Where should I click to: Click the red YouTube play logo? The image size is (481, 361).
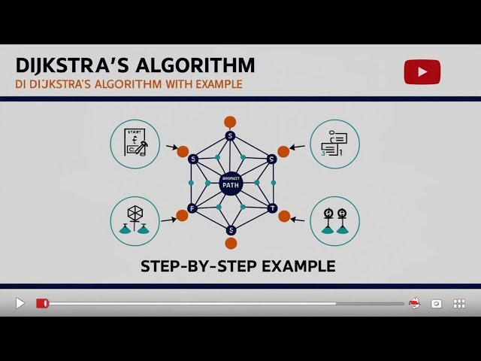(422, 71)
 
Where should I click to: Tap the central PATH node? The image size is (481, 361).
(231, 184)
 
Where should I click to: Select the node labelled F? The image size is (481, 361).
(192, 208)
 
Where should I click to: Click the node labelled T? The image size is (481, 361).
(272, 208)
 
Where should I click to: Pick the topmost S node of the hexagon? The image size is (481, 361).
(231, 136)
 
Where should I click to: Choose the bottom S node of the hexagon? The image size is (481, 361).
(231, 230)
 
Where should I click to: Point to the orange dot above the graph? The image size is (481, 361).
(230, 122)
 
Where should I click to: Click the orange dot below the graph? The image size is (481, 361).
(231, 243)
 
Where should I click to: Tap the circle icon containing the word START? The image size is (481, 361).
(135, 144)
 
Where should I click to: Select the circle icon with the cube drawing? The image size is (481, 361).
(135, 221)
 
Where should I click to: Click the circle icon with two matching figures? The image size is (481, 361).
(334, 221)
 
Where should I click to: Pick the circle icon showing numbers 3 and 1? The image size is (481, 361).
(334, 144)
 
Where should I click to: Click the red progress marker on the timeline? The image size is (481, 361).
(43, 303)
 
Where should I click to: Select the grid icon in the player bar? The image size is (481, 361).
(459, 303)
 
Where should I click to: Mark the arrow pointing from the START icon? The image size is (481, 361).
(171, 147)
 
